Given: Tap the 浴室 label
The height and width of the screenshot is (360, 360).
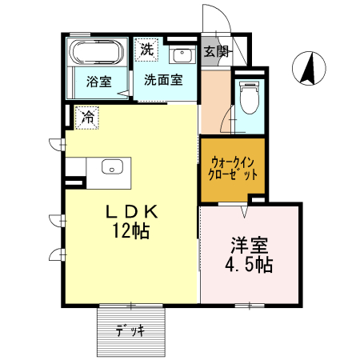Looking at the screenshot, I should click(98, 81).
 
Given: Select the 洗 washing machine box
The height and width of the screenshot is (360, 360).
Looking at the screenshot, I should click(146, 49).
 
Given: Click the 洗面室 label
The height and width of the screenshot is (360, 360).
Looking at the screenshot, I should click(163, 80).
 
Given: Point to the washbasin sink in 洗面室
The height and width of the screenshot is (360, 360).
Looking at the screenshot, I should click(182, 55).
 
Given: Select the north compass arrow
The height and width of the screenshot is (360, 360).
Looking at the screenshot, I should click(306, 68).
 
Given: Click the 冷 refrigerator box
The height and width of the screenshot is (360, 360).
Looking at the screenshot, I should click(87, 118).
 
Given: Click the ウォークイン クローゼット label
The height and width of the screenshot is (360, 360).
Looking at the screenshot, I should click(232, 169).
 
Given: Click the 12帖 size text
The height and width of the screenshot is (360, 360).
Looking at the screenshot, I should click(133, 232).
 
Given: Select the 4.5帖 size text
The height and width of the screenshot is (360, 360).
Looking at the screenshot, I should click(249, 264).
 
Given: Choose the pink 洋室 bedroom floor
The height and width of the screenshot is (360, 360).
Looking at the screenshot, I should click(250, 280).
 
